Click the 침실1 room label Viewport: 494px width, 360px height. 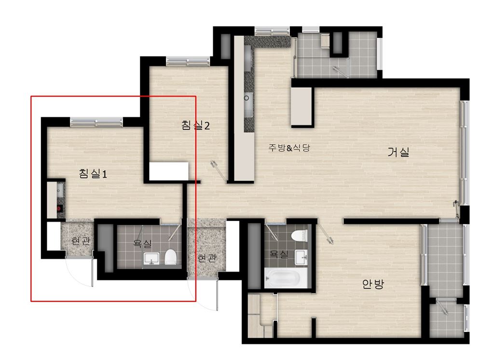[93, 173]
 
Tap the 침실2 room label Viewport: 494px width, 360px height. [195, 125]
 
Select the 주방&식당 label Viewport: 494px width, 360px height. [289, 147]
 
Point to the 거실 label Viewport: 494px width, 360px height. [398, 152]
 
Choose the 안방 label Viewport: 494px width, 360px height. [373, 284]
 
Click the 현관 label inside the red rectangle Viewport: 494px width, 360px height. [81, 241]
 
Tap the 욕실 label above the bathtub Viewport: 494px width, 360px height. [279, 254]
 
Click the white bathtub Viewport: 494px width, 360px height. [286, 278]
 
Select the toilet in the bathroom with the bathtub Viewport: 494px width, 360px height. [299, 235]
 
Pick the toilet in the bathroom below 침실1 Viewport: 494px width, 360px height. [170, 257]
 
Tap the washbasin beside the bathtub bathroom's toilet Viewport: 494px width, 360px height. [302, 257]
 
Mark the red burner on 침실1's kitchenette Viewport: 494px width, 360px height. [59, 208]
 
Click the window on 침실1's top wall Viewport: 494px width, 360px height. [96, 122]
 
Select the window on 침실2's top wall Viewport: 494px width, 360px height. [188, 61]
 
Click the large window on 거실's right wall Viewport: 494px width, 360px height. [464, 152]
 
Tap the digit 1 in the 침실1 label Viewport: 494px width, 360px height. [105, 174]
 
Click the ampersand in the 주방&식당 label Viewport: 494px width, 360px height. [289, 148]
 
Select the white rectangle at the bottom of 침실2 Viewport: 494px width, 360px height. [168, 171]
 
